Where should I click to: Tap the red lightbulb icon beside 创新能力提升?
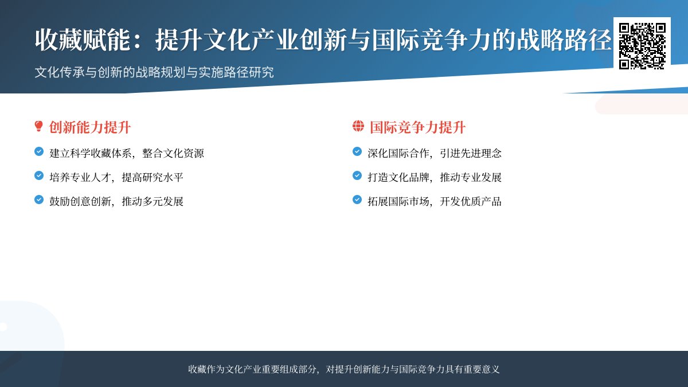(x=39, y=127)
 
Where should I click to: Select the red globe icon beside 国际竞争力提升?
(x=358, y=127)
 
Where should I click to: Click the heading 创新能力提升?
(x=90, y=127)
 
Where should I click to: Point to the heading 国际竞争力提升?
(x=417, y=127)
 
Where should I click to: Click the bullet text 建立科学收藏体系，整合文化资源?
(x=127, y=153)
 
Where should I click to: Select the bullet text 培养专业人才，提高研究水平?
(x=116, y=177)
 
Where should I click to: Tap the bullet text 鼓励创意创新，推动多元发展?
(x=116, y=201)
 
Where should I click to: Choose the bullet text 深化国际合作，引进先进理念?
(x=435, y=153)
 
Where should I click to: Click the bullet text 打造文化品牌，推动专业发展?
(x=435, y=177)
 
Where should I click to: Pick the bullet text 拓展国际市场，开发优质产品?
(x=435, y=201)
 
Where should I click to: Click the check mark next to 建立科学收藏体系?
(x=39, y=152)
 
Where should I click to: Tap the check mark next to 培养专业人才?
(x=39, y=176)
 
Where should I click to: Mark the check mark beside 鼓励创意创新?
(x=39, y=200)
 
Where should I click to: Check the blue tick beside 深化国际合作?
(x=357, y=152)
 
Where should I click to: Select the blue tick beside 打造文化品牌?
(x=357, y=176)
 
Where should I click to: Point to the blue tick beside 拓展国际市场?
(x=357, y=200)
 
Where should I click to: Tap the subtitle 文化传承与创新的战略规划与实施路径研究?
(x=154, y=73)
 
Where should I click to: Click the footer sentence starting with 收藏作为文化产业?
(x=344, y=369)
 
